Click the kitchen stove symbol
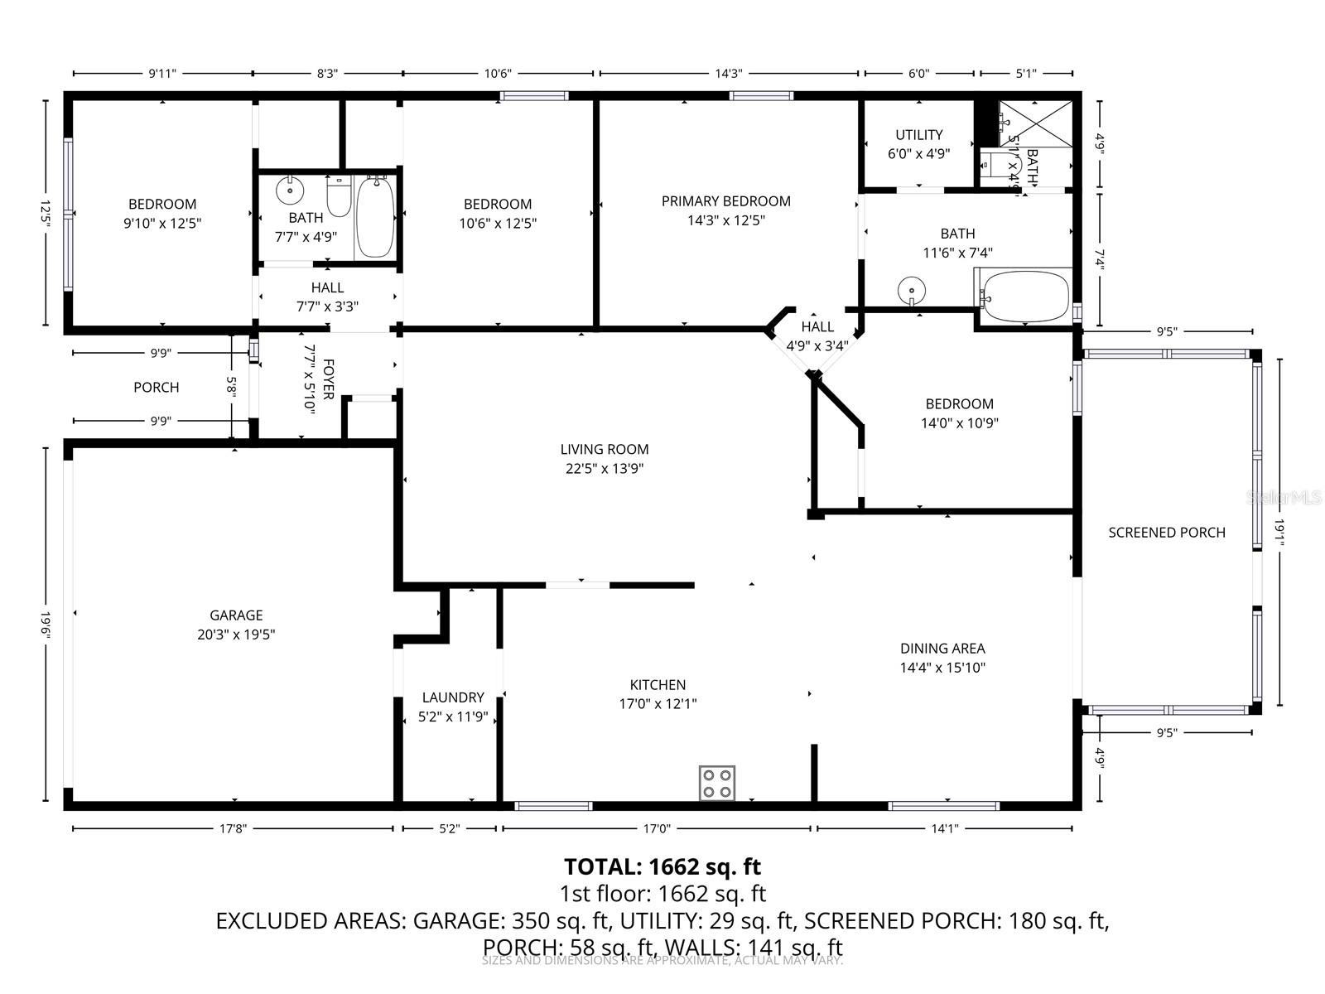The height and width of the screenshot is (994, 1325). point(717,783)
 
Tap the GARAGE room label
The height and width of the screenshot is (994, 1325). point(236,615)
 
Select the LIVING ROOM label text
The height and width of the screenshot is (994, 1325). point(605,450)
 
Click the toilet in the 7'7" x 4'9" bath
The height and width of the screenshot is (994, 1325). point(339,196)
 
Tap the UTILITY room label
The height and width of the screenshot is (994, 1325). point(918,135)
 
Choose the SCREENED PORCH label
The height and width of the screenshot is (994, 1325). point(1166,533)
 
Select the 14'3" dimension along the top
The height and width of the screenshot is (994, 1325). point(728,74)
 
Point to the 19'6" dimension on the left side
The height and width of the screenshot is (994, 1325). point(46,625)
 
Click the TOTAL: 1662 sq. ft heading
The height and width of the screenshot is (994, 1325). point(662,866)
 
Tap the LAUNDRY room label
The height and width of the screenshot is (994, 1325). point(452,697)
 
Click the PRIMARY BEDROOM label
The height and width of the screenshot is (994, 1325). point(725,201)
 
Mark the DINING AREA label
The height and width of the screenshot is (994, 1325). point(942,649)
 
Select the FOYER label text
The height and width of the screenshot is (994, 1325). point(328,379)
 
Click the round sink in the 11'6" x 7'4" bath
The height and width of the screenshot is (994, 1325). point(910,291)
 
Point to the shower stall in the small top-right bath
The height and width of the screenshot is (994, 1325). point(1035,123)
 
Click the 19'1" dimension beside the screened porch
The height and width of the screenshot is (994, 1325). point(1279,533)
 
